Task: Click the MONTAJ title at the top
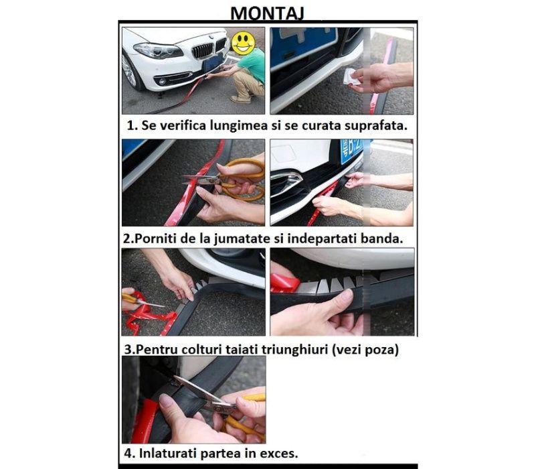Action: pyautogui.click(x=268, y=12)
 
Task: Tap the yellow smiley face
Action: pyautogui.click(x=243, y=43)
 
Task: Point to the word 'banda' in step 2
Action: pyautogui.click(x=384, y=238)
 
